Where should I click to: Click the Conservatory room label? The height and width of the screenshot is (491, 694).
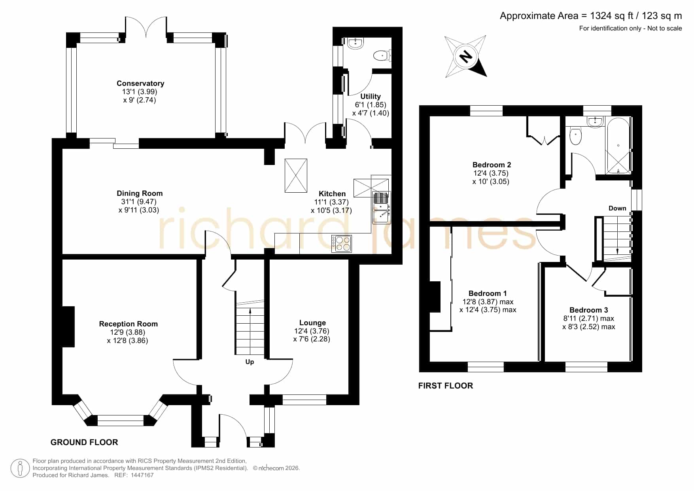click(140, 83)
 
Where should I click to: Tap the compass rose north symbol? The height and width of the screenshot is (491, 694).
click(465, 56)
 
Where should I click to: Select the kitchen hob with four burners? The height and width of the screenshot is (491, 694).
click(342, 243)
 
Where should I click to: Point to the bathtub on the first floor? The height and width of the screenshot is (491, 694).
click(618, 146)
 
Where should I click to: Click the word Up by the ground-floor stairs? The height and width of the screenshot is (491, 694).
click(250, 362)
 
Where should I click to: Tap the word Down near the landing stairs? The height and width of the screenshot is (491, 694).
click(617, 209)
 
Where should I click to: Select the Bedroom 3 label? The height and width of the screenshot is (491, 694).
click(588, 310)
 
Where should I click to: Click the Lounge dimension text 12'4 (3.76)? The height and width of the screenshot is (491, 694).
click(312, 331)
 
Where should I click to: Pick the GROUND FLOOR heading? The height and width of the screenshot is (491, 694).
click(84, 442)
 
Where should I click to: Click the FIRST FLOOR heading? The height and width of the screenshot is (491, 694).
click(446, 386)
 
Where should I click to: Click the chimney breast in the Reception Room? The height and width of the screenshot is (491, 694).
click(68, 327)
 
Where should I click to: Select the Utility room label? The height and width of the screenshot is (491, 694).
click(371, 97)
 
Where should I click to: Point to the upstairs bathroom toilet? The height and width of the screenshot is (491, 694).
click(576, 136)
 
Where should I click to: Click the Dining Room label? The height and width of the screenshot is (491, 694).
click(140, 193)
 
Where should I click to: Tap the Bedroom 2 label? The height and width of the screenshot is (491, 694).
click(492, 165)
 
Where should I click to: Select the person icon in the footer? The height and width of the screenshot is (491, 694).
click(20, 468)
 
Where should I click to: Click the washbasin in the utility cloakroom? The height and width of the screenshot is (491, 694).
click(356, 43)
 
